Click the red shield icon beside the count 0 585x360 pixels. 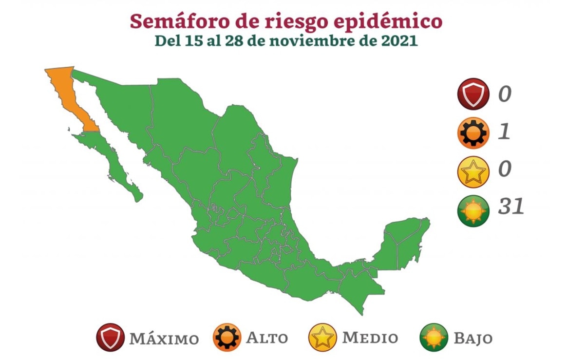tap(472, 94)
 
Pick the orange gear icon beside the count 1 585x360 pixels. tap(472, 133)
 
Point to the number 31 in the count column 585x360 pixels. tap(511, 208)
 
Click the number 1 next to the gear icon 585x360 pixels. tap(505, 132)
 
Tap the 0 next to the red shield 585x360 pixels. tap(505, 93)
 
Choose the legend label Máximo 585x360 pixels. tap(164, 338)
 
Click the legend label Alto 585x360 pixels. tap(266, 338)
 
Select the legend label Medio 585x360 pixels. tap(370, 338)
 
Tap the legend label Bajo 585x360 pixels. tap(473, 338)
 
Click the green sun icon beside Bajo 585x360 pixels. tap(434, 338)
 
